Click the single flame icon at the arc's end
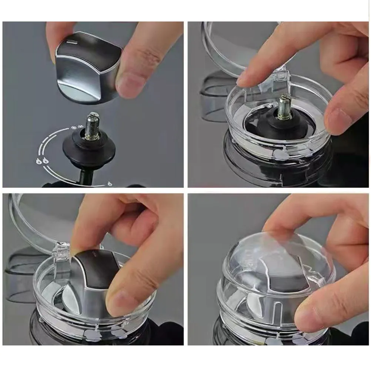pyautogui.click(x=110, y=184)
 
